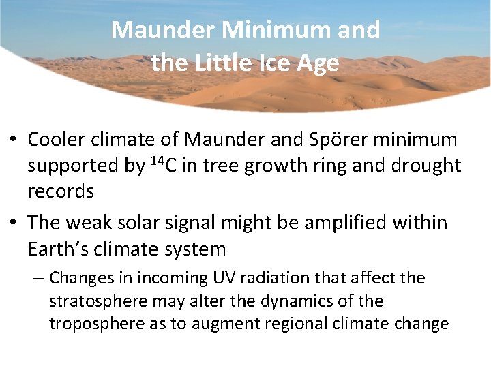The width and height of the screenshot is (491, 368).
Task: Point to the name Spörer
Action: pos(330,140)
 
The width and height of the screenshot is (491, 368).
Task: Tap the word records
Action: pos(61,191)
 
